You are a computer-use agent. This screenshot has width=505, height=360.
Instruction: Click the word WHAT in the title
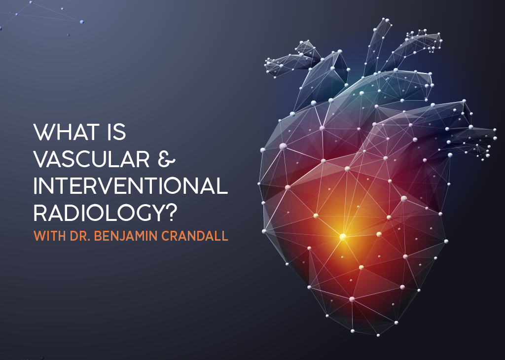coord(66,132)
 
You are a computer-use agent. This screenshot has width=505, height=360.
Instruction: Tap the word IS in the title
coord(116,132)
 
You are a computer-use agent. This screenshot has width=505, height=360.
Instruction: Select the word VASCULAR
coord(91,159)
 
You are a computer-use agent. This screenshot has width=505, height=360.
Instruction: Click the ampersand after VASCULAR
coord(167,159)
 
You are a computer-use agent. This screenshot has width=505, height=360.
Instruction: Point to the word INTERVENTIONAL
coord(131,186)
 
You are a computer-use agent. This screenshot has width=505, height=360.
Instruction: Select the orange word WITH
coord(50,236)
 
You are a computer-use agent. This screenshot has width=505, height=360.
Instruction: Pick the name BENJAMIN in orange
coord(126,236)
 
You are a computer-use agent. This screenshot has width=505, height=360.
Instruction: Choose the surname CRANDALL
coord(195,236)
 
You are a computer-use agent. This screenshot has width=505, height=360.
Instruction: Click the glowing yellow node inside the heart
coord(343,237)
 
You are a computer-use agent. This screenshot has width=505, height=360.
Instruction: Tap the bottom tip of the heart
coord(378,335)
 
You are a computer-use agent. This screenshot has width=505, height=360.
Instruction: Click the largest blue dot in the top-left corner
coord(82,22)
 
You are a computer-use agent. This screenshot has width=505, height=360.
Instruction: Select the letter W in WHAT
coord(43,132)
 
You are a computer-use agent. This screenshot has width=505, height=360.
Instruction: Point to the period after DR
coord(90,240)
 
